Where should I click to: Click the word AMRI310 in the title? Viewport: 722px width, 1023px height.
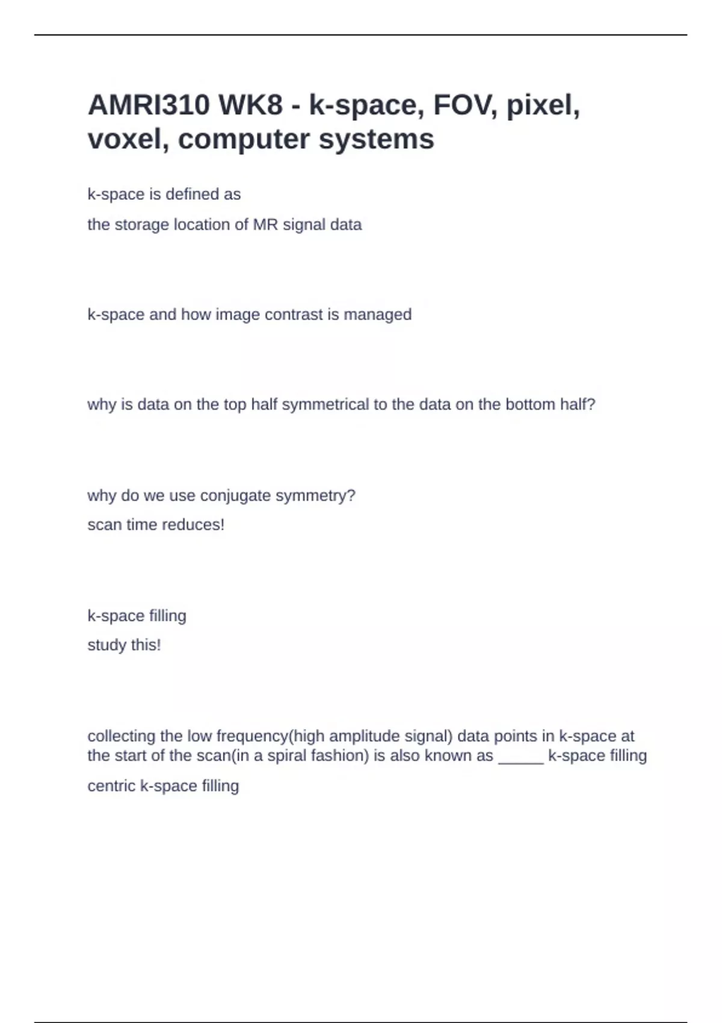tap(149, 105)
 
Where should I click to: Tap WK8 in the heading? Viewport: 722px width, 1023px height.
tap(250, 105)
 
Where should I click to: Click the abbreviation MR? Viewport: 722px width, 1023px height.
tap(265, 225)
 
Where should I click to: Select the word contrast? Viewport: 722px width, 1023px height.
tap(294, 315)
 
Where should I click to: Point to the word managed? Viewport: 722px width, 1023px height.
tap(377, 315)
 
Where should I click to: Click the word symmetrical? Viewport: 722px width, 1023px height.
tap(326, 404)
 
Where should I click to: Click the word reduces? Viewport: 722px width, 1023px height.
tap(193, 525)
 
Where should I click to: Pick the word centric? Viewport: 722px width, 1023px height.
tap(111, 786)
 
